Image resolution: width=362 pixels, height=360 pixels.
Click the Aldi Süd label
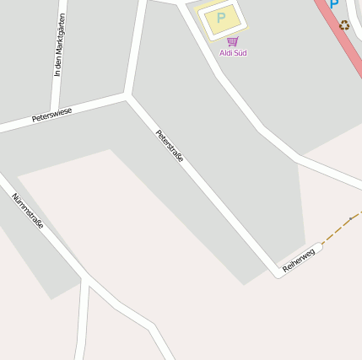coord(233,53)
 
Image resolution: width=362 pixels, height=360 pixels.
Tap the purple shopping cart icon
coord(233,40)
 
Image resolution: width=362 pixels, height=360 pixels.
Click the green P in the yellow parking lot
coord(221,17)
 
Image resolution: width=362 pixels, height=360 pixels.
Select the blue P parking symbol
coord(334,4)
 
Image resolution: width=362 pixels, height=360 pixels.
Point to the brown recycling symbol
coord(344,24)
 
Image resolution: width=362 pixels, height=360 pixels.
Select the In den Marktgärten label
coord(59,46)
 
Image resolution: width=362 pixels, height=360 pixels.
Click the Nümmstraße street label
coord(28,211)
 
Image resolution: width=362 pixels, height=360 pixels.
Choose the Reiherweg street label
coord(299,259)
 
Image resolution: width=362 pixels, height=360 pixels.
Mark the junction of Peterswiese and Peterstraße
coord(127,95)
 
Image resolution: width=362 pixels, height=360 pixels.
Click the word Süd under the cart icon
coord(240,53)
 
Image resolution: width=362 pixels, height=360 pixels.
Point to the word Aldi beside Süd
coord(225,53)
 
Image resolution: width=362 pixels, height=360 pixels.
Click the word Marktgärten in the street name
coord(60,37)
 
